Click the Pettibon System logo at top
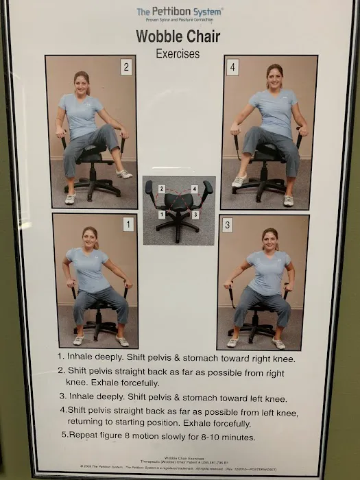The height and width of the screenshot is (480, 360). pos(180,14)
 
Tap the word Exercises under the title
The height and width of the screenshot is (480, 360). pos(178,53)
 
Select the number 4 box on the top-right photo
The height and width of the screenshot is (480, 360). pos(232,67)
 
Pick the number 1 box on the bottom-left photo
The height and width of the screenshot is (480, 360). pos(128,224)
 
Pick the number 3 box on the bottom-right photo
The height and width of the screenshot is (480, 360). pos(228,225)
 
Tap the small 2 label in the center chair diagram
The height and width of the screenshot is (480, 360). pos(162,189)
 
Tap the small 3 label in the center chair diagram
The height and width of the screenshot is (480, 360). pos(195,215)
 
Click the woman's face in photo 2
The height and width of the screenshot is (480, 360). pos(82,84)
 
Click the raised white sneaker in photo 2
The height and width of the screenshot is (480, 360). pos(124,174)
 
